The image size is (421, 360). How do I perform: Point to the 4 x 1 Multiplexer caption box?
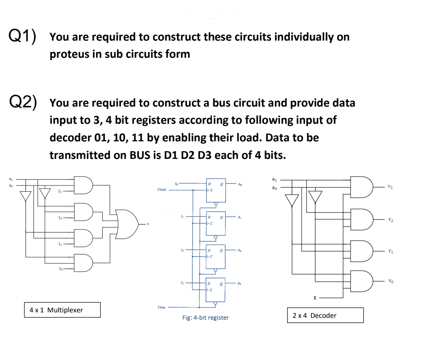(62, 310)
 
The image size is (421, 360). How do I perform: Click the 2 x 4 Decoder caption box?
(325, 315)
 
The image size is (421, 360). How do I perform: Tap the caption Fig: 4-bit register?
(205, 318)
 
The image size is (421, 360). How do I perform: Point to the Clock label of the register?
(162, 190)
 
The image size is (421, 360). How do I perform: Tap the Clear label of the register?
(161, 307)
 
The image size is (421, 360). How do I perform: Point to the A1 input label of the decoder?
(274, 180)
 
